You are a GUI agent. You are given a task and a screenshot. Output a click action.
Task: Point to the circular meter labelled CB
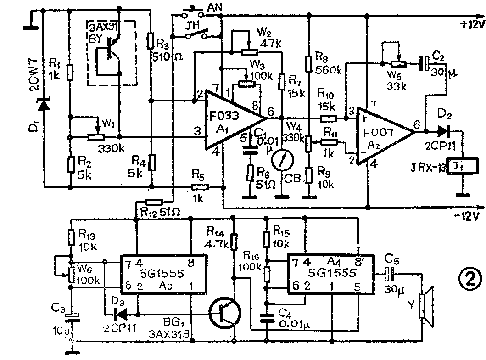click(281, 161)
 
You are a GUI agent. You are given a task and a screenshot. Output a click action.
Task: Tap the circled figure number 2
click(469, 278)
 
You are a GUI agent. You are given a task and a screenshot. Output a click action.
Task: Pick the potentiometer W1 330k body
click(96, 137)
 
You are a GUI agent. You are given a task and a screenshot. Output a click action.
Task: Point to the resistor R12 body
click(153, 202)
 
